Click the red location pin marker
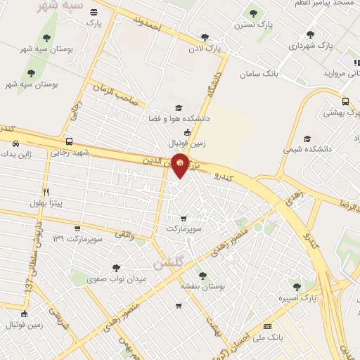coord(181,165)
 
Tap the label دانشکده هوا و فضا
coord(179,120)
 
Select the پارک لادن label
coord(205,49)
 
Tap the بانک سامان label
coord(259,74)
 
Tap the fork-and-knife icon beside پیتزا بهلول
coord(46,191)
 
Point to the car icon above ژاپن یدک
coord(15,143)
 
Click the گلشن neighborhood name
coord(167,262)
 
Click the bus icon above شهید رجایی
coord(68,141)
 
